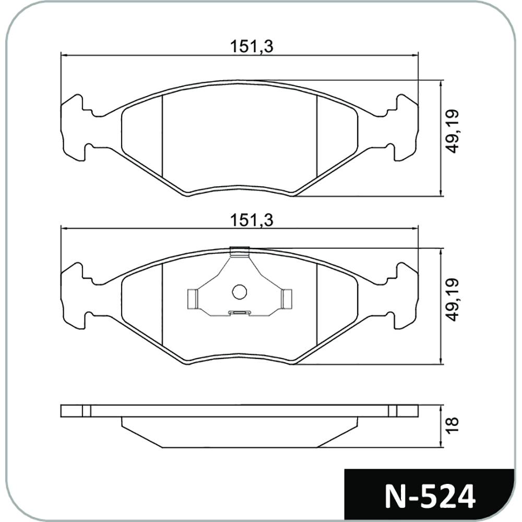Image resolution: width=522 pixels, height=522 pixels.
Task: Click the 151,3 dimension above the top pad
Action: (252, 46)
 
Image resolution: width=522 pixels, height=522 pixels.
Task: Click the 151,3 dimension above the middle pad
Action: (252, 220)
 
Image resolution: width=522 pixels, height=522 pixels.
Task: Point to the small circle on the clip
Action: (240, 292)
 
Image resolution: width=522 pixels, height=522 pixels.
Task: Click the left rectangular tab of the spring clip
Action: (193, 298)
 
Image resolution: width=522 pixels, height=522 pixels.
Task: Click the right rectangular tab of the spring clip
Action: (287, 298)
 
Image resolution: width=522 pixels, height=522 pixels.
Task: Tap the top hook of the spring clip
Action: (240, 252)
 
